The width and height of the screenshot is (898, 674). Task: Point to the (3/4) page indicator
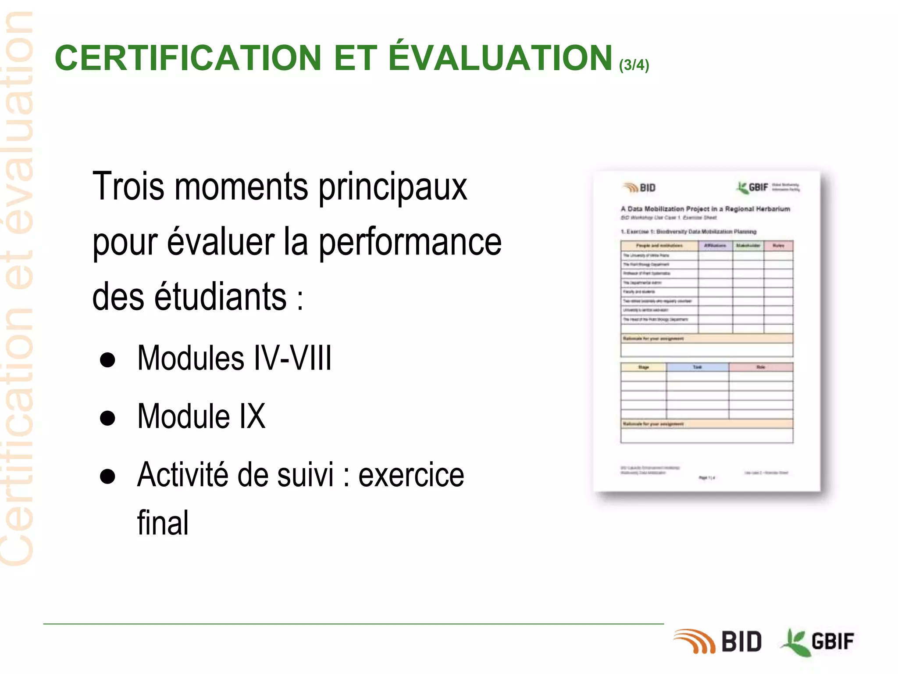coord(634,65)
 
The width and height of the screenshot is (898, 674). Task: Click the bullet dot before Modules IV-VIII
coord(107,360)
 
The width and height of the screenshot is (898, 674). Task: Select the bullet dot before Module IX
coord(107,418)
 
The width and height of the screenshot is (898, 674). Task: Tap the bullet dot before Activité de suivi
coord(107,477)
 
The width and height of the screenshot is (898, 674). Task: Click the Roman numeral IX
coord(252,416)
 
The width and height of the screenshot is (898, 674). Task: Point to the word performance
coord(410,242)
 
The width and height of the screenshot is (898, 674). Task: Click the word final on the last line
coord(163,523)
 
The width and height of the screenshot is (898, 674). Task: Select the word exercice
coord(411,475)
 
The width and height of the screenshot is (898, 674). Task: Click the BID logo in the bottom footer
coord(718,642)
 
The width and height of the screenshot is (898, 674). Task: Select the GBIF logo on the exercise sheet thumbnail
coord(753,187)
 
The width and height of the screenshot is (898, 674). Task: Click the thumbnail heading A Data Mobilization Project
coord(705,209)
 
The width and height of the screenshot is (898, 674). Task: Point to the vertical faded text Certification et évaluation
coord(18,290)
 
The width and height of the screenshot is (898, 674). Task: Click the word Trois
coord(128,186)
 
